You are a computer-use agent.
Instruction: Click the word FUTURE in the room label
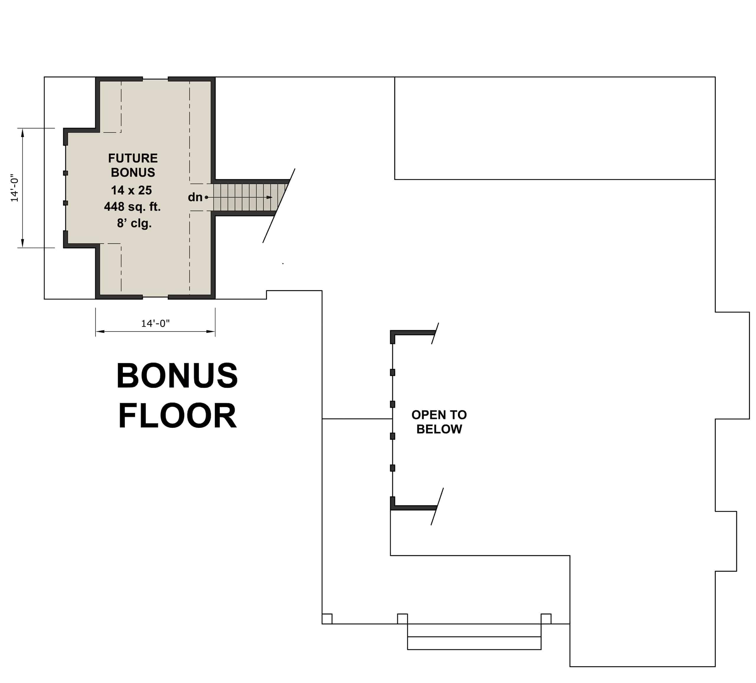click(x=133, y=158)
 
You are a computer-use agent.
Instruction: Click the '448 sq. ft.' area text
click(x=132, y=207)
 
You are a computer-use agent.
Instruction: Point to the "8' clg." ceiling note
click(x=134, y=223)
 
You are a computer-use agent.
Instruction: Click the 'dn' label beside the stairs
click(x=195, y=197)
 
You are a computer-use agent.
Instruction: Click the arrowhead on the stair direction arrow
click(x=269, y=197)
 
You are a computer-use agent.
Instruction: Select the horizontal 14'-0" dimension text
click(x=155, y=323)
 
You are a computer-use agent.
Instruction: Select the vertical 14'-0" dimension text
click(x=14, y=188)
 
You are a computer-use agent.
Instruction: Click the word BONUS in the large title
click(x=177, y=376)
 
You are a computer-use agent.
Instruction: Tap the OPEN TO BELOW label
click(x=439, y=422)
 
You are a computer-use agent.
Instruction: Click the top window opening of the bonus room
click(x=155, y=79)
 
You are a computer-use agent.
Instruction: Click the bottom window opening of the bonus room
click(x=155, y=297)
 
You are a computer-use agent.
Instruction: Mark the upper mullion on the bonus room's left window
click(x=66, y=173)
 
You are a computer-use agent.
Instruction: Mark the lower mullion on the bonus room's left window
click(x=66, y=203)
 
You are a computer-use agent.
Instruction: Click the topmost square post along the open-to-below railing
click(x=393, y=372)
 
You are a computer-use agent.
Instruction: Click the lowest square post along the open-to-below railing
click(x=393, y=468)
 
